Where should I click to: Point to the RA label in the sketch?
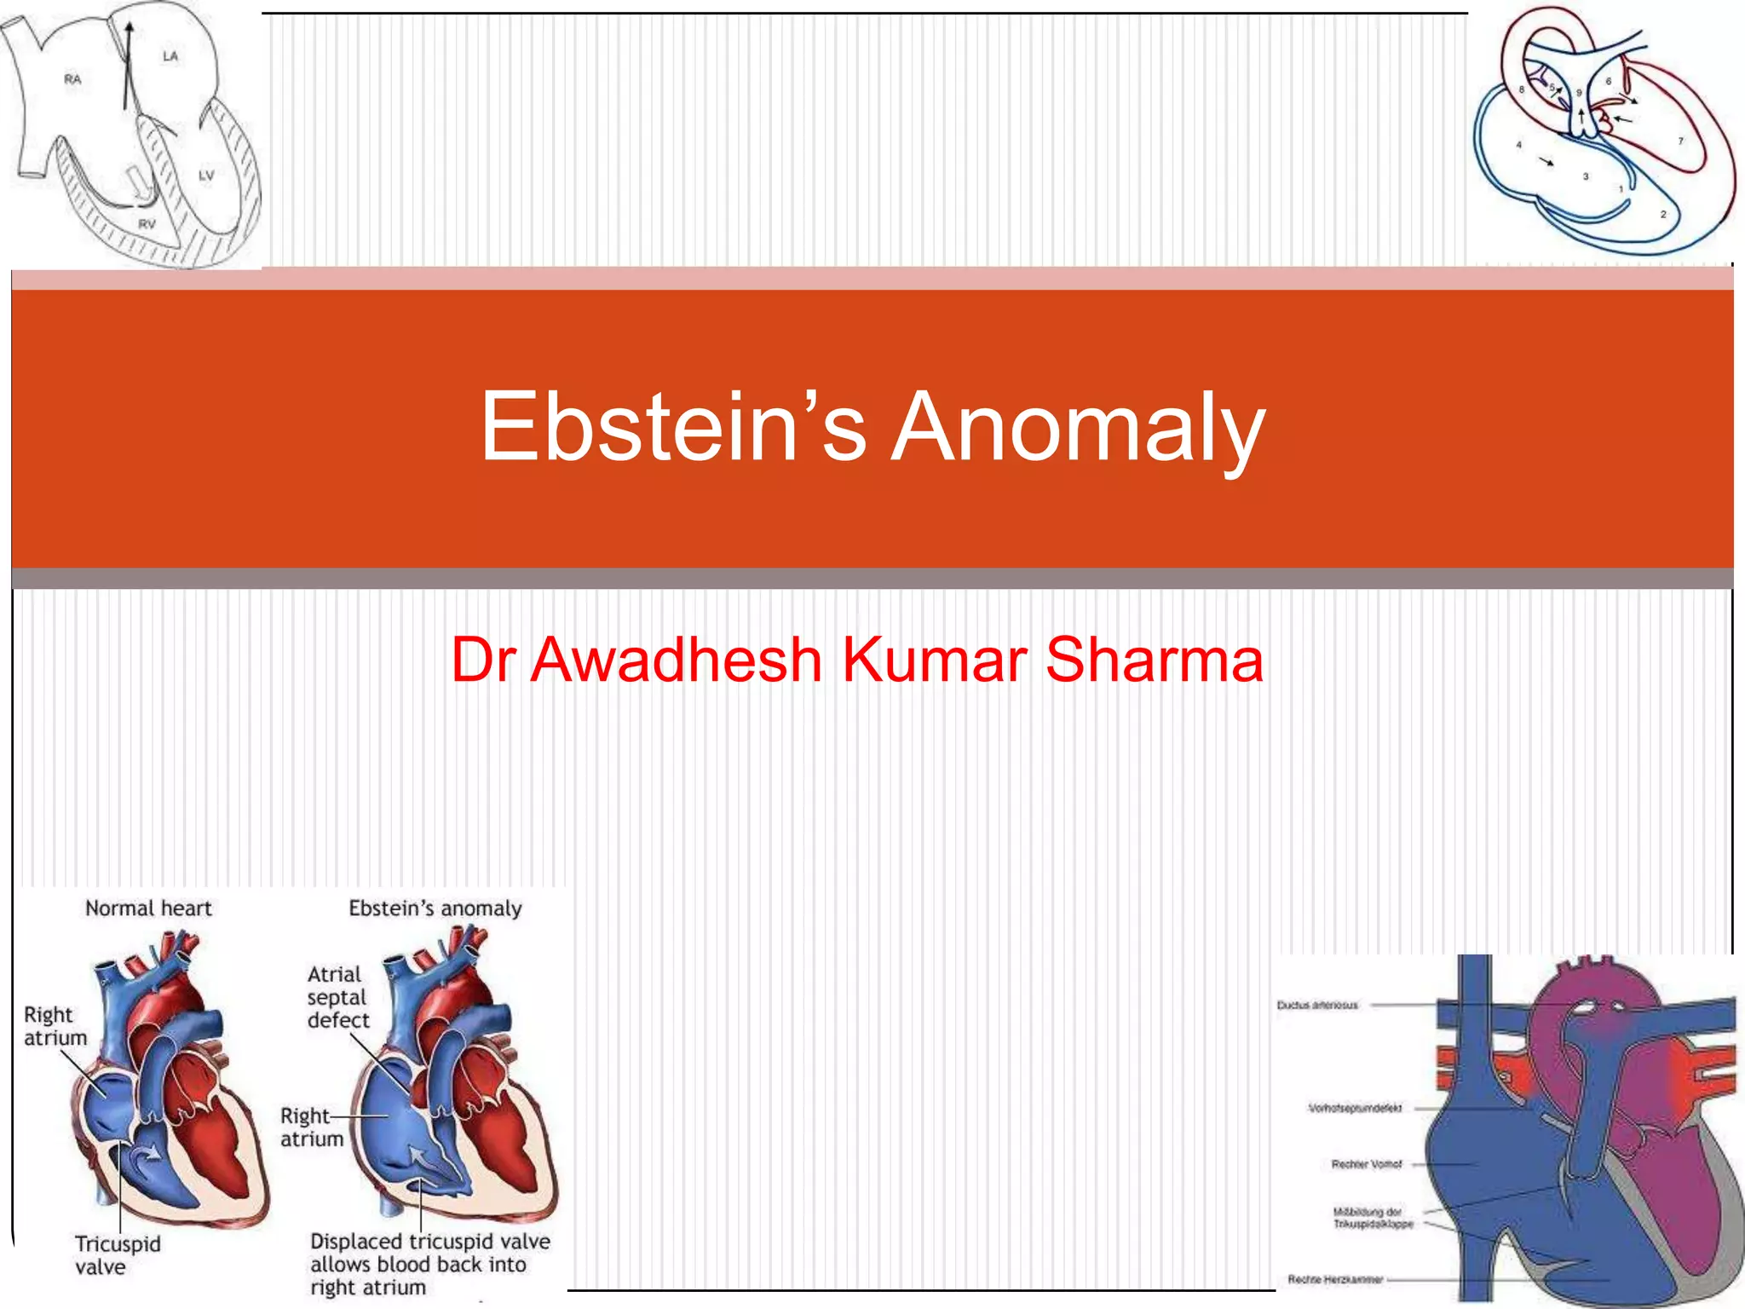72,79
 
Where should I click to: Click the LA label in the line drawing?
170,56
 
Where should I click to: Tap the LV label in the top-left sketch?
206,176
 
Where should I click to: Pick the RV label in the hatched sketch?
147,224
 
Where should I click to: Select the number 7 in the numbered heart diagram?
1681,141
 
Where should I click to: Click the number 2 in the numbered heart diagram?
1662,214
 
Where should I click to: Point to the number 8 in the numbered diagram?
1522,89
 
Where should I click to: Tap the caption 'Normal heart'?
148,908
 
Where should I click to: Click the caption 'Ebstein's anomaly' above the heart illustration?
435,908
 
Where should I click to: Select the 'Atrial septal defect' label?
337,997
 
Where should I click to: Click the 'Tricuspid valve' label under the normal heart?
117,1255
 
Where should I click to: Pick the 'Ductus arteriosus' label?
1317,1006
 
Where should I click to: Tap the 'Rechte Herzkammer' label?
1335,1279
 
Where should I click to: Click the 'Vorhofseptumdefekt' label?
1355,1108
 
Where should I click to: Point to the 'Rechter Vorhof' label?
1367,1164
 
